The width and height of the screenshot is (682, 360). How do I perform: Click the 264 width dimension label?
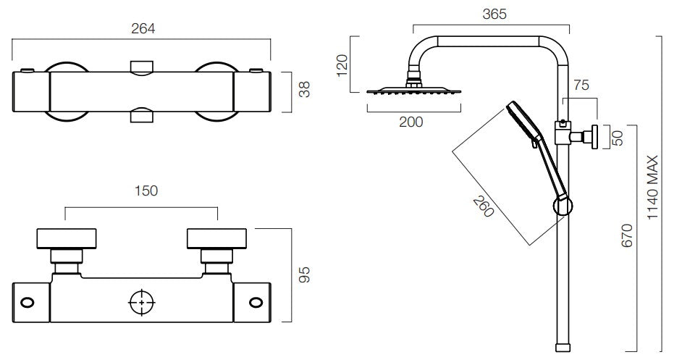point(143,29)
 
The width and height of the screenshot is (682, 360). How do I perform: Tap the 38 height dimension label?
point(305,89)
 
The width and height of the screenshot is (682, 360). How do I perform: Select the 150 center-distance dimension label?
point(146,191)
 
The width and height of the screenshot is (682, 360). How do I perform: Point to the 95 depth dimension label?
point(305,275)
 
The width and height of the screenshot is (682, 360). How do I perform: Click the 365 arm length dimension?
point(494,14)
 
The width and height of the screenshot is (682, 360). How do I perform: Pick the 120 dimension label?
point(342,65)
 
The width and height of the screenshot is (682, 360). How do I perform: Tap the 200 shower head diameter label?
point(411,122)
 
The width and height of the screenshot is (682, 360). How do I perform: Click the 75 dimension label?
point(581,85)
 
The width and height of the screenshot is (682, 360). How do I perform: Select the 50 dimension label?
point(618,138)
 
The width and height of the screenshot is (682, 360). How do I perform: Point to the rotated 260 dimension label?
point(484,206)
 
